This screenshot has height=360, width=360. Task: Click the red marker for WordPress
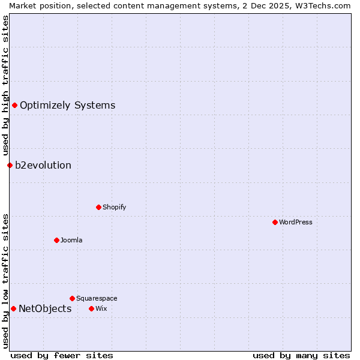point(275,222)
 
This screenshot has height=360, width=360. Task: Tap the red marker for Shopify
point(98,207)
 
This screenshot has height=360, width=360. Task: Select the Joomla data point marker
point(56,240)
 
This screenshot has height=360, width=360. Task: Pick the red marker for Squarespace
point(72,298)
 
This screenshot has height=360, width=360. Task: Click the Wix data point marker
point(91,308)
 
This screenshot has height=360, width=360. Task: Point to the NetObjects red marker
point(13,308)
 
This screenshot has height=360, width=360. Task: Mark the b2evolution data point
point(10,165)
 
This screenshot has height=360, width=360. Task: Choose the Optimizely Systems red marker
point(14,105)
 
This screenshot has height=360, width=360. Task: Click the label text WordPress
point(296,222)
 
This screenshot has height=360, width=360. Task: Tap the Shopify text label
point(114,207)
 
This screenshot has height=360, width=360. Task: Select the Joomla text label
point(71,240)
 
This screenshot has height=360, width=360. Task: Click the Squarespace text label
point(97,298)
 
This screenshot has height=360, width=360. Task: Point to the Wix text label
point(101,308)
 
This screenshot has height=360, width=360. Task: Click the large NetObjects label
point(45,308)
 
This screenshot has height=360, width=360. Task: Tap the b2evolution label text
point(43,165)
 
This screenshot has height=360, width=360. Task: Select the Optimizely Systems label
point(67,105)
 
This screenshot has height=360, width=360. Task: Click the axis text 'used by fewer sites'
point(62,355)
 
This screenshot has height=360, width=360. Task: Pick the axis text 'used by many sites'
point(301,355)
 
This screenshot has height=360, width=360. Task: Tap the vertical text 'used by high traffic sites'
point(5,86)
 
